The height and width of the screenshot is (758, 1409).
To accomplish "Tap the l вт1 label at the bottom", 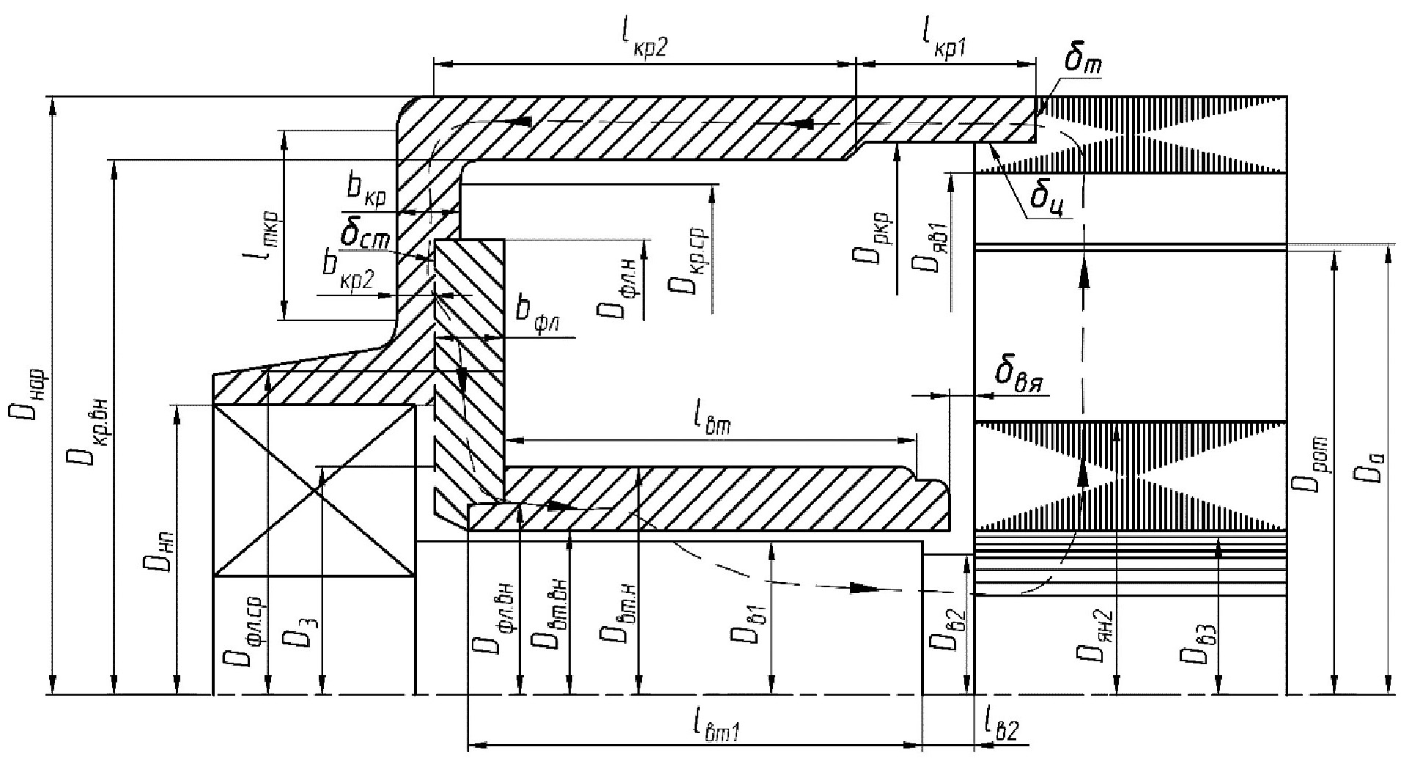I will [714, 726].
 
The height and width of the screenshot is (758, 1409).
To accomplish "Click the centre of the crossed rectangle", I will [314, 490].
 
